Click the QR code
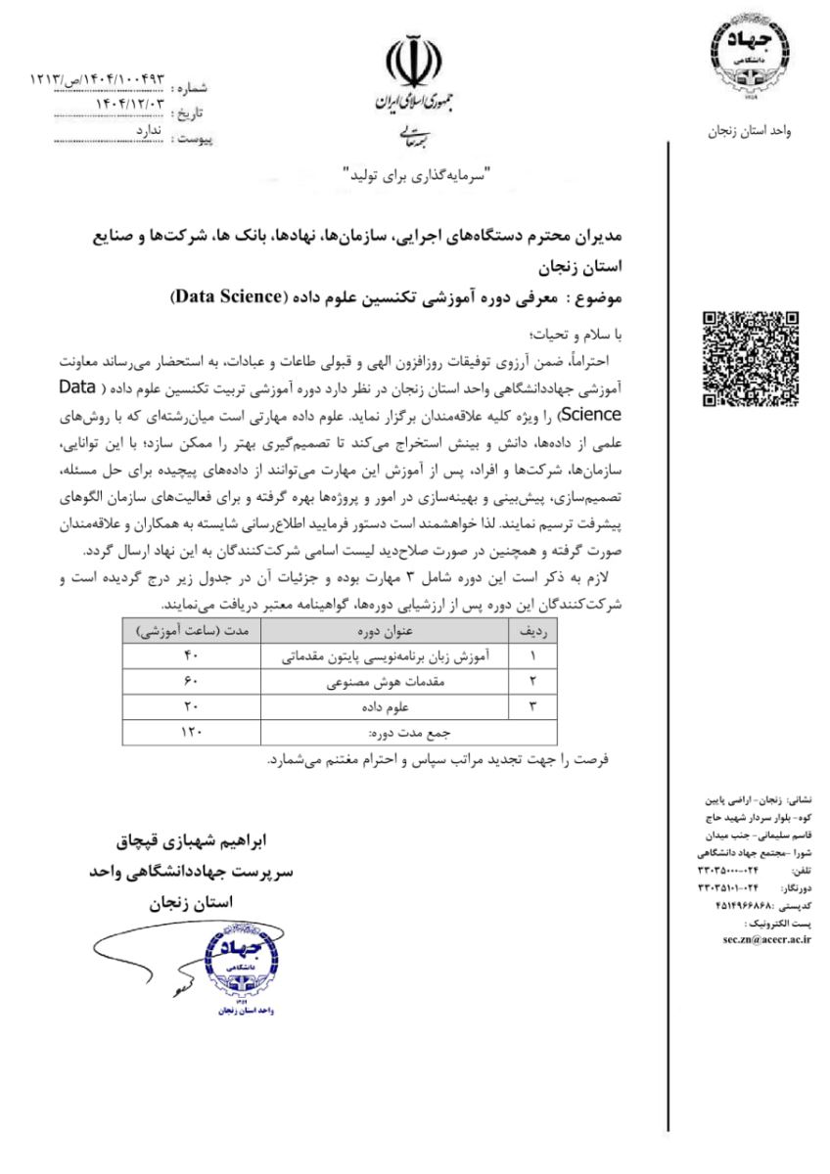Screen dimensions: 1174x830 pos(751,358)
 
